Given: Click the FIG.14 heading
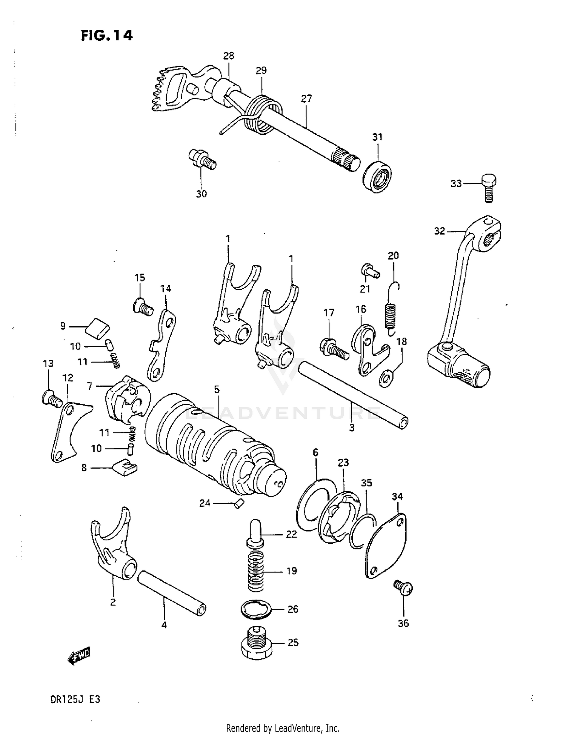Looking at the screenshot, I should click(x=107, y=35).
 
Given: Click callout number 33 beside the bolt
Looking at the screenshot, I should click(x=456, y=183).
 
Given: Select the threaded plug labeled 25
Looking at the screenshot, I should click(x=257, y=643).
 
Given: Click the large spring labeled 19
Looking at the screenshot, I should click(x=257, y=571).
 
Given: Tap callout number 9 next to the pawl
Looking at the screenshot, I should click(x=63, y=326).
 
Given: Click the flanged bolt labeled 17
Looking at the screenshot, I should click(x=334, y=349).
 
